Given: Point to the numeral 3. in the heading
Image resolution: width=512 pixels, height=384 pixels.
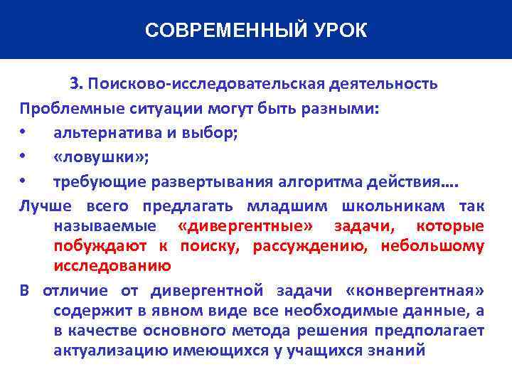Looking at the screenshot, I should (x=77, y=85).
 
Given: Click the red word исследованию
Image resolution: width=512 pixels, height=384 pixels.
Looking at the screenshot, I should (x=112, y=267).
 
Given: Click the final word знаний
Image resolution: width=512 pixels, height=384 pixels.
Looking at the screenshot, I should (x=393, y=351).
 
